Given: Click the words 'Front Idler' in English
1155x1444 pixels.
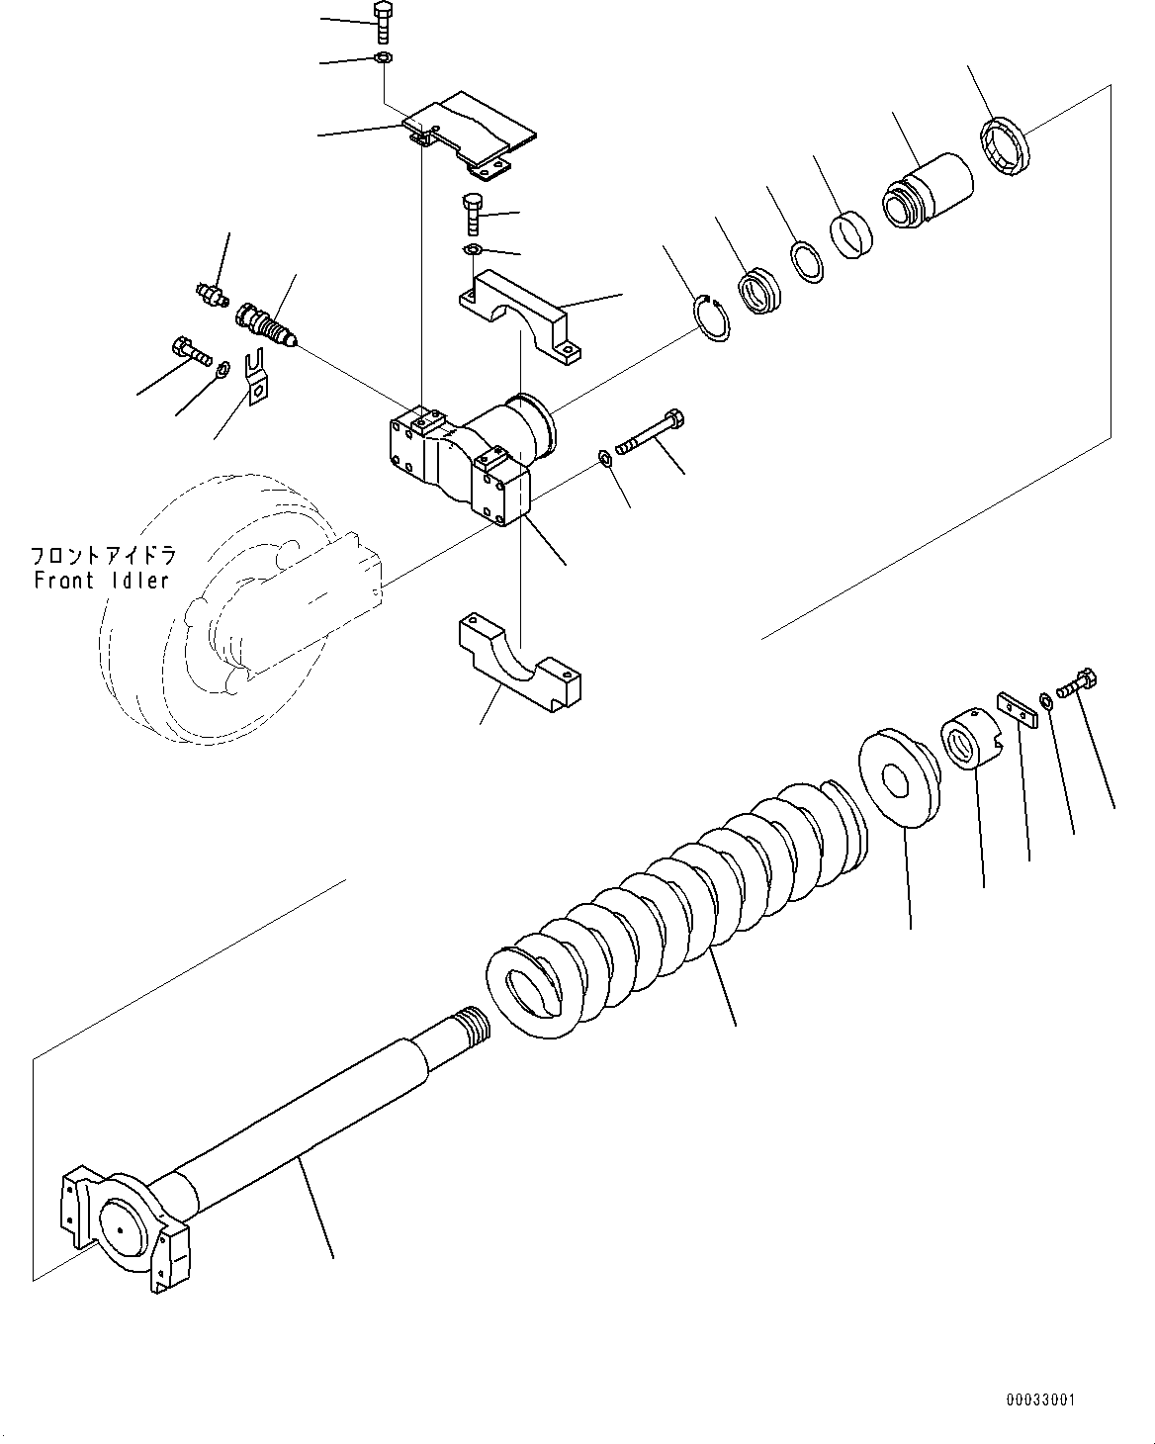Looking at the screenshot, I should tap(102, 581).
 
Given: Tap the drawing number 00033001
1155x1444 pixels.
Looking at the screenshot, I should tap(1039, 1399).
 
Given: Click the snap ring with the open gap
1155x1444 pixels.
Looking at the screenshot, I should tap(713, 317).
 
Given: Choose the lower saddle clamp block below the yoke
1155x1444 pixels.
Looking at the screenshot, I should tap(518, 663).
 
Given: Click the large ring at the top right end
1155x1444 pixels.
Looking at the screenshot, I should tap(1006, 147).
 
